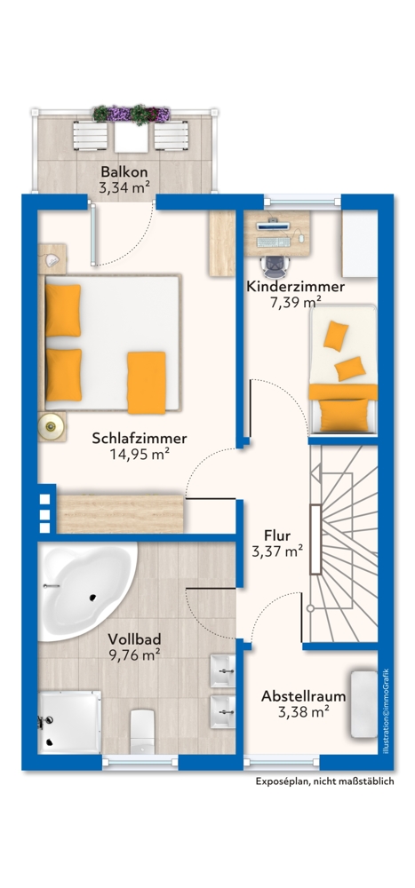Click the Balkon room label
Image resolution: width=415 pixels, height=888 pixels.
pos(124,170)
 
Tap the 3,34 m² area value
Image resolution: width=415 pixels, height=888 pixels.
pos(124,186)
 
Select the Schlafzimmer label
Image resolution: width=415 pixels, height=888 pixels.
pos(140,438)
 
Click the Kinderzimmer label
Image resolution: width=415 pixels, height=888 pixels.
pos(295,287)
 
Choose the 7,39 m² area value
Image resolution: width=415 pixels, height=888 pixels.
pos(295,302)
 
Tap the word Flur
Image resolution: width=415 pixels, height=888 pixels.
pos(277,535)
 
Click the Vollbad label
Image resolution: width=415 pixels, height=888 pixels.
pos(134,639)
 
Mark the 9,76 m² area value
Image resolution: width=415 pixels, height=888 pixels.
pos(134,654)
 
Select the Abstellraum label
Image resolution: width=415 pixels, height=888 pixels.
pos(303,696)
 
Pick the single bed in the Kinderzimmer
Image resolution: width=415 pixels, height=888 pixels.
pos(342,369)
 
